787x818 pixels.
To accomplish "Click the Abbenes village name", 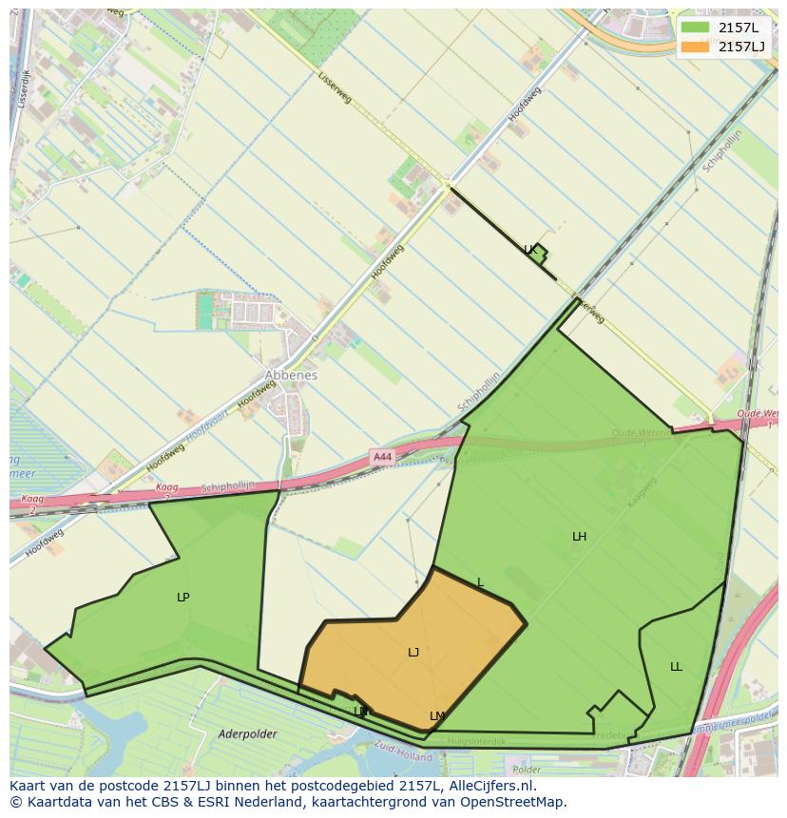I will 291,375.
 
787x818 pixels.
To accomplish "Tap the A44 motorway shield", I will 382,457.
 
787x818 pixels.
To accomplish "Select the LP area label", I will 183,598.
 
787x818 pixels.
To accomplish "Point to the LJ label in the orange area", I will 413,653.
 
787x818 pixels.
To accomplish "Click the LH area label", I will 579,537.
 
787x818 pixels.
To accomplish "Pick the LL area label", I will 676,667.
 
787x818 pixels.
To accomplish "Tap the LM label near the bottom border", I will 437,716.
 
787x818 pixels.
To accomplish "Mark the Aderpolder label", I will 247,734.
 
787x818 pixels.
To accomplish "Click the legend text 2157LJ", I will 741,47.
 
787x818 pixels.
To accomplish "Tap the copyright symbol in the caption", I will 15,802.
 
